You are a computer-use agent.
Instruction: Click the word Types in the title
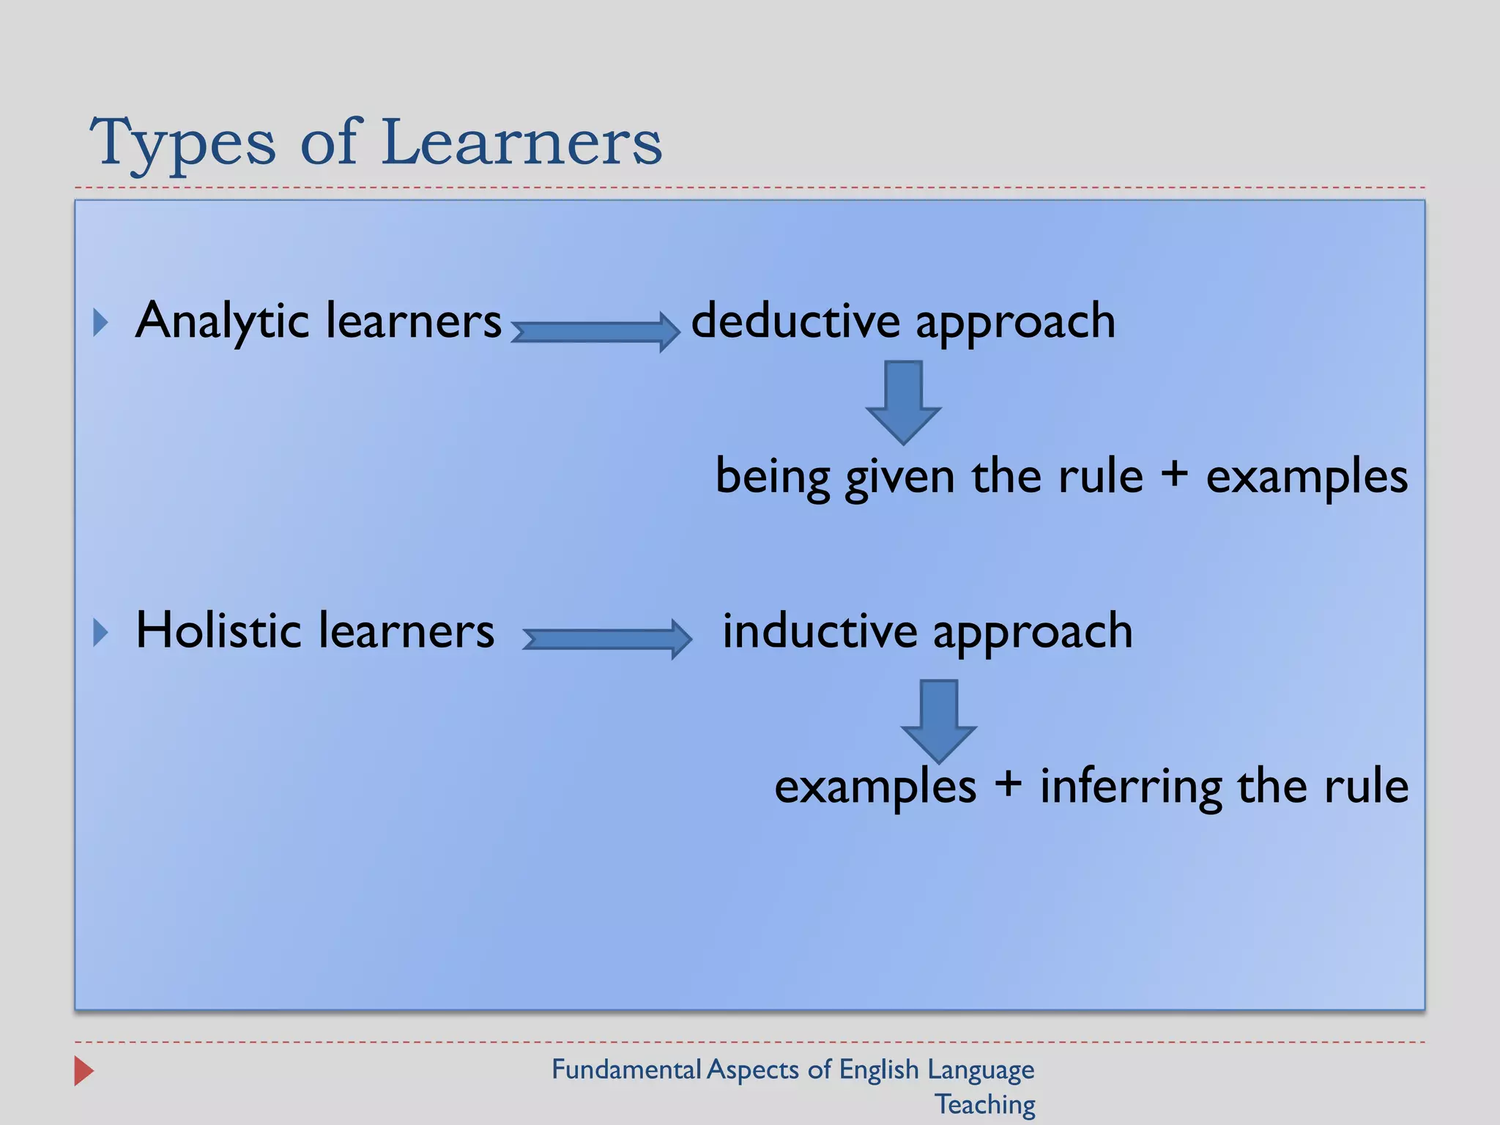point(183,143)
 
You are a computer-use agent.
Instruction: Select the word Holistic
point(218,631)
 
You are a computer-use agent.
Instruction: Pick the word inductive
point(820,631)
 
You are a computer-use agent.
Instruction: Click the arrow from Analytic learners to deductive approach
point(595,332)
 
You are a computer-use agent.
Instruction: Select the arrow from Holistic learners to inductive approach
point(607,639)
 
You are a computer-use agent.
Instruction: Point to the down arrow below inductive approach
point(938,721)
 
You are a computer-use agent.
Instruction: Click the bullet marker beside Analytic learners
point(101,323)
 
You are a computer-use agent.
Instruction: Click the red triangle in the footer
point(84,1071)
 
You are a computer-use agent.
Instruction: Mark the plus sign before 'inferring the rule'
point(1009,784)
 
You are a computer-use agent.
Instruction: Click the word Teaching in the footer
point(985,1104)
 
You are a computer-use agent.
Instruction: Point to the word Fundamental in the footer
point(626,1069)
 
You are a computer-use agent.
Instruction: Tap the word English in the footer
point(879,1070)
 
